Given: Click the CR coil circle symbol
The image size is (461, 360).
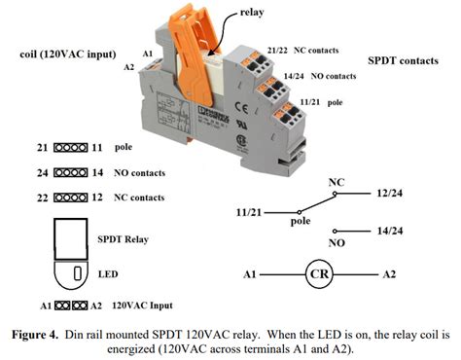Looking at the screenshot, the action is coord(320,274).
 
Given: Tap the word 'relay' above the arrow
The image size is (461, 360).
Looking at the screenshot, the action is coord(252,12).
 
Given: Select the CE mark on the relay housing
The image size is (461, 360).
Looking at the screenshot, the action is coord(242,108).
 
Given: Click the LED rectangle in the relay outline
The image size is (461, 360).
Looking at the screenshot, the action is coord(78,273).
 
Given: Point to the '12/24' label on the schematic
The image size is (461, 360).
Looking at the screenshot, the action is coord(390,194).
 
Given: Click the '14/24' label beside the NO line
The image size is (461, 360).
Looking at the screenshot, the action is coord(390,231).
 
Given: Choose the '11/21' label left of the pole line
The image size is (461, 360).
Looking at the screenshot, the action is coord(249,212).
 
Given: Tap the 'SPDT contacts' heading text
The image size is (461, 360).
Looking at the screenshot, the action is coord(403,60).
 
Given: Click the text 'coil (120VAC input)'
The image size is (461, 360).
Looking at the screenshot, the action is coord(68,54).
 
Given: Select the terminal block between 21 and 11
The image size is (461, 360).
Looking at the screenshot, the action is coord(71,148).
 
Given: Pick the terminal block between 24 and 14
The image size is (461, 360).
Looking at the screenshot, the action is coord(71,172).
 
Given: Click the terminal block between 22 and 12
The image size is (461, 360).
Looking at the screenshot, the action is coord(71,198).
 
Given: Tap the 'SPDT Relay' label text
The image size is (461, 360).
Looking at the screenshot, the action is coord(123,239).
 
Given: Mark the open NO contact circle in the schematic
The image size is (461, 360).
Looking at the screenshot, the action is coord(335,232).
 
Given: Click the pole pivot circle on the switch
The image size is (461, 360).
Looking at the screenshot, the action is coord(300,212).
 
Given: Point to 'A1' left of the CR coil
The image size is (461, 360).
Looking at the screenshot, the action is coord(250,274).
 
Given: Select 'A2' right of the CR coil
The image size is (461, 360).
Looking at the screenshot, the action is coord(389,274).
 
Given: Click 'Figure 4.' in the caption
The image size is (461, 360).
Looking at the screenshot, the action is coord(35,335).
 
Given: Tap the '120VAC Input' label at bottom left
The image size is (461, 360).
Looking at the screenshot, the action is coord(142,306).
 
